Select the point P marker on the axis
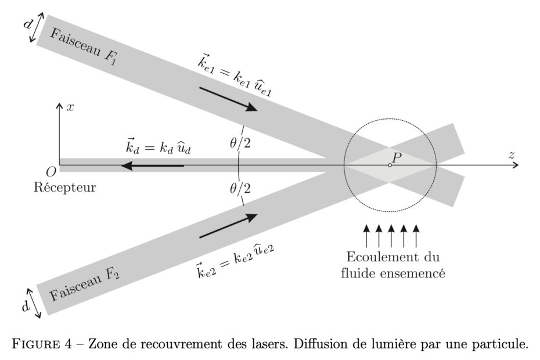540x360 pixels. (390, 165)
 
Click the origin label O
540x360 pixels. (51, 172)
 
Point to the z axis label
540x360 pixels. (512, 155)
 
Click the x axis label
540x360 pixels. (70, 107)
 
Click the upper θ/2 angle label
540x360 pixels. (240, 143)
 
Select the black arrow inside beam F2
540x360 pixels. (228, 226)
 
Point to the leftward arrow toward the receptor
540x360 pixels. (152, 166)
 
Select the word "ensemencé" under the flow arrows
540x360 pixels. (417, 272)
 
